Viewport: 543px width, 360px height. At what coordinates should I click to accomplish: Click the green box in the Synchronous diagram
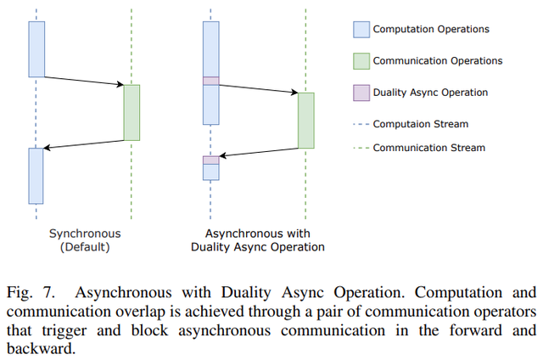click(132, 112)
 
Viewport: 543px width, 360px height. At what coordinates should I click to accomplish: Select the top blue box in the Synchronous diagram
click(36, 48)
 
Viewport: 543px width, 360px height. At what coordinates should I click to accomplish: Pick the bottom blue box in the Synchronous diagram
click(36, 175)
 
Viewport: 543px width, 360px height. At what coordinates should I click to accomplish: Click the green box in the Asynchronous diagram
click(305, 120)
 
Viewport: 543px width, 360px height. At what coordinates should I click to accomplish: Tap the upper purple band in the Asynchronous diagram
click(210, 81)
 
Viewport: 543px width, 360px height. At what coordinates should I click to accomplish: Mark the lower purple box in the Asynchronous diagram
click(210, 160)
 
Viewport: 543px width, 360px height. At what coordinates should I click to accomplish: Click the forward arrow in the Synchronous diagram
click(84, 81)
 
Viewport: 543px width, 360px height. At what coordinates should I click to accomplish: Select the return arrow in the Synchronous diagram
click(84, 144)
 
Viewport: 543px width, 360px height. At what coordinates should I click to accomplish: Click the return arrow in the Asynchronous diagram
click(258, 154)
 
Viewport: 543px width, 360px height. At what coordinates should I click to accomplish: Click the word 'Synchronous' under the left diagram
click(85, 233)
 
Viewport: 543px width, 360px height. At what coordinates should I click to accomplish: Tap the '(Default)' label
click(85, 247)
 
